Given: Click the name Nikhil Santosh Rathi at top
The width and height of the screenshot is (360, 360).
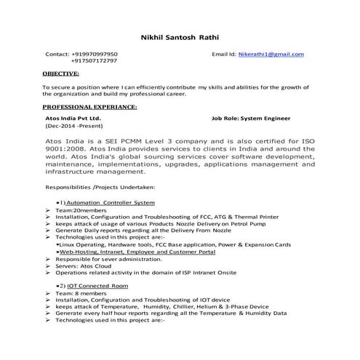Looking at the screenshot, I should click(180, 37).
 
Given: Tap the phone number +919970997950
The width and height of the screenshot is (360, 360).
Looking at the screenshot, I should click(94, 55).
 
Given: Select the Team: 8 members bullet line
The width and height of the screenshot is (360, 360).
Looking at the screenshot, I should click(81, 294).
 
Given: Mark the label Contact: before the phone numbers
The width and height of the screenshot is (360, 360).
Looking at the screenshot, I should click(57, 55).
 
